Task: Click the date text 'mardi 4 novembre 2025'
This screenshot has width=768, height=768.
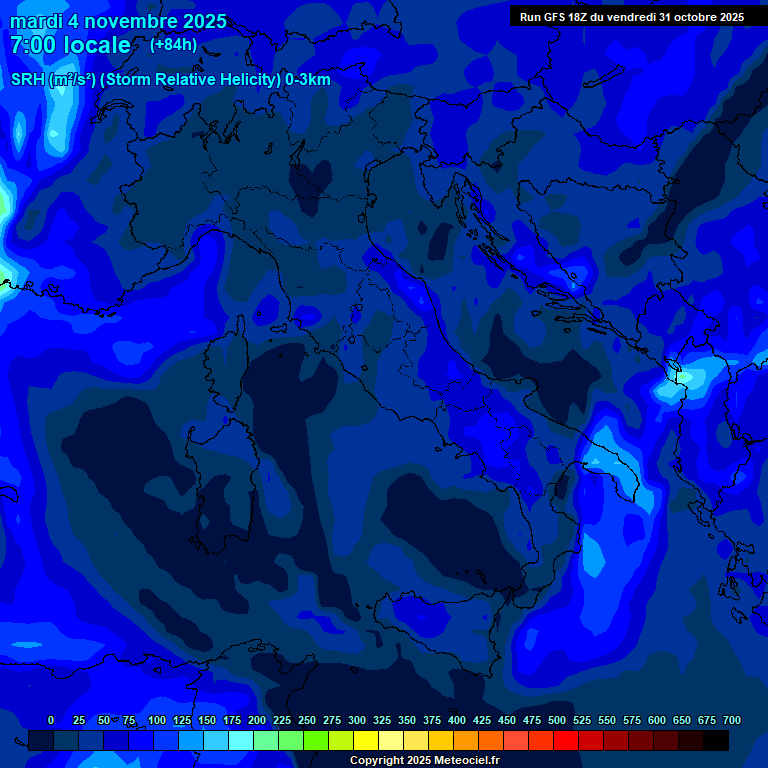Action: [x=118, y=21]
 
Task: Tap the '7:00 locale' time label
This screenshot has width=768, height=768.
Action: [x=70, y=45]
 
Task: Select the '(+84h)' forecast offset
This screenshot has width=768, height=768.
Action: [x=173, y=45]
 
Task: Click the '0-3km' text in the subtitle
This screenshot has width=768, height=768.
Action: [x=307, y=80]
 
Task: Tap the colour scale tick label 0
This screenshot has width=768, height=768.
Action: [x=51, y=720]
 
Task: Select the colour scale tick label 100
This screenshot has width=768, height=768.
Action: [x=157, y=720]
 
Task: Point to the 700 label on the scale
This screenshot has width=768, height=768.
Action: [x=732, y=720]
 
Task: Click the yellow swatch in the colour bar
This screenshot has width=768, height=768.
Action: [x=366, y=740]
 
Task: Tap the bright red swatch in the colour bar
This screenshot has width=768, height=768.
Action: [x=566, y=740]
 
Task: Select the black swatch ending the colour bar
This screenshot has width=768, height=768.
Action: [x=716, y=740]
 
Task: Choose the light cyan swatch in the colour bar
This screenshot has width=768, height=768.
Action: [x=241, y=740]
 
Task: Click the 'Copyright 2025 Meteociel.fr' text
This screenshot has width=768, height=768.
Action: [x=425, y=760]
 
